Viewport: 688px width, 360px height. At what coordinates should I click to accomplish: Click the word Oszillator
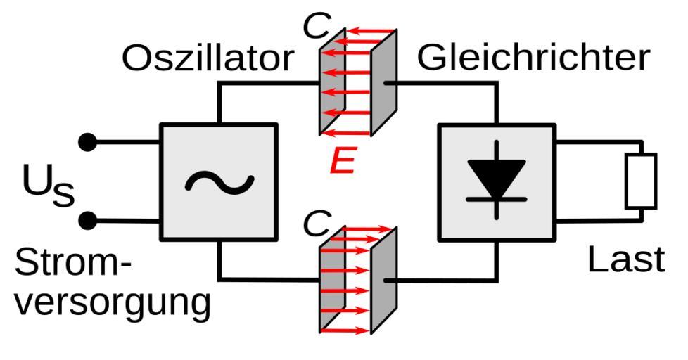coord(207,58)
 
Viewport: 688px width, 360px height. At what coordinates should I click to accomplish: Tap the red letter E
coord(343,162)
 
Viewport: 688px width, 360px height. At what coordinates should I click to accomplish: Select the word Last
coord(625,260)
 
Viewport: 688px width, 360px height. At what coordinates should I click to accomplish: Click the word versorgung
coord(113,302)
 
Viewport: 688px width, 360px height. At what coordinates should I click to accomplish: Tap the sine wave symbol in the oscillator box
coord(219,182)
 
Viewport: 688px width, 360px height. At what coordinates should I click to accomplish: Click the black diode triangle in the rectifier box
coord(497,176)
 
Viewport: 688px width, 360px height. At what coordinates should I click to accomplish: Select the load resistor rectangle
coord(640,181)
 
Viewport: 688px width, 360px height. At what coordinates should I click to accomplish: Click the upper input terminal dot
coord(87,143)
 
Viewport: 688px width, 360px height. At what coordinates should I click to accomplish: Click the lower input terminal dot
coord(87,221)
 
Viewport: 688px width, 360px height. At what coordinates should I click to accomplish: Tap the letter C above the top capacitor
coord(317,26)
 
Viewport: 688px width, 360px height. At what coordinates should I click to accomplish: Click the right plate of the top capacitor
coord(384,82)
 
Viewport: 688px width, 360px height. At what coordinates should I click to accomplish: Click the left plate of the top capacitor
coord(331,82)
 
